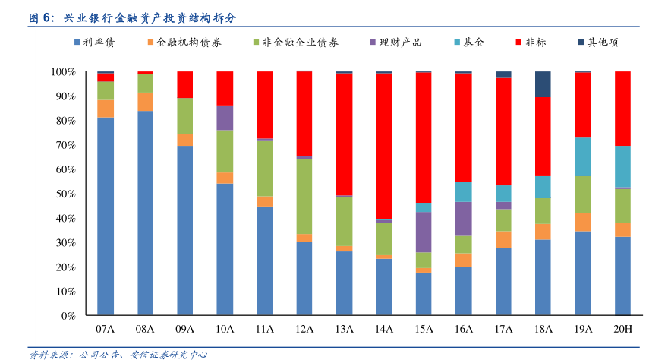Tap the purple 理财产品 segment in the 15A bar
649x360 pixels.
pyautogui.click(x=424, y=232)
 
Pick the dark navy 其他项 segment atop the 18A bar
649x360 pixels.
pyautogui.click(x=543, y=84)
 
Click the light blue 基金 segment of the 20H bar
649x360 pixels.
pyautogui.click(x=622, y=166)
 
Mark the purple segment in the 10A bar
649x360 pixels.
pyautogui.click(x=225, y=118)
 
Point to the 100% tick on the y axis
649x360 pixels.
pyautogui.click(x=63, y=72)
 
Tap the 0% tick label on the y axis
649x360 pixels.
pyautogui.click(x=68, y=315)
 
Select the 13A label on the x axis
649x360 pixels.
pyautogui.click(x=344, y=330)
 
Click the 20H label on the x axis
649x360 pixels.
pyautogui.click(x=622, y=330)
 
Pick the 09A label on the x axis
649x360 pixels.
pyautogui.click(x=184, y=330)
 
